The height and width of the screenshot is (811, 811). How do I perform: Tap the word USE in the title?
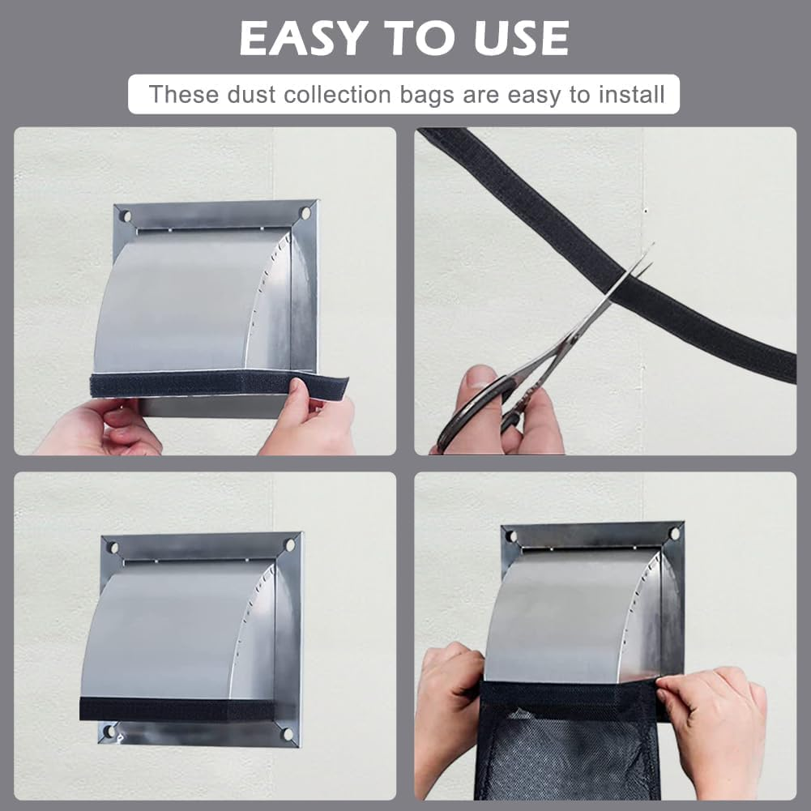(516, 37)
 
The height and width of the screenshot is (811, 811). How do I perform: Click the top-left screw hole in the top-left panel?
(125, 216)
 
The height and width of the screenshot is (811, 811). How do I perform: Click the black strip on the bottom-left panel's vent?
(178, 709)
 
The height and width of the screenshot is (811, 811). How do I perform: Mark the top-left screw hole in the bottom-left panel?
(113, 548)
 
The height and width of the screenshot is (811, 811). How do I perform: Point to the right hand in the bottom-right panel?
(717, 721)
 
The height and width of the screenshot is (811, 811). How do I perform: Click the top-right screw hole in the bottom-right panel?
(673, 534)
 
